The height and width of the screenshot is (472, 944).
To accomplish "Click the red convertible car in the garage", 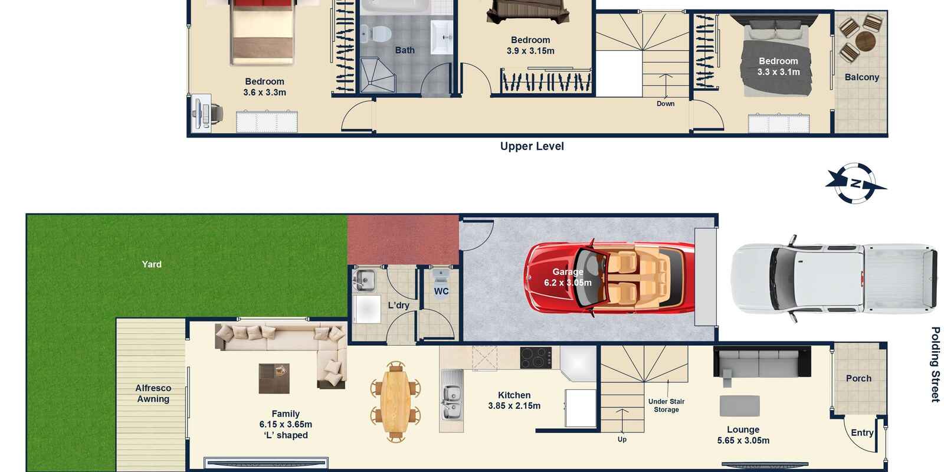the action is pyautogui.click(x=609, y=278).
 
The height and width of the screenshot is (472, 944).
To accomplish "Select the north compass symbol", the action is pyautogui.click(x=855, y=183).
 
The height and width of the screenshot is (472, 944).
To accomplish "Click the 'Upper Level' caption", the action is pyautogui.click(x=532, y=146).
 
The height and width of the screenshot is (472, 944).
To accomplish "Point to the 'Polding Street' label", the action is pyautogui.click(x=935, y=365).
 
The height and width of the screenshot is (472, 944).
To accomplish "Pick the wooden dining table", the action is pyautogui.click(x=395, y=402).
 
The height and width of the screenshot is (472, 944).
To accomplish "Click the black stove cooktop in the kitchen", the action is pyautogui.click(x=536, y=358).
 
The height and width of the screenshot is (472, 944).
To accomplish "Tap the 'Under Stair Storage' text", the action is pyautogui.click(x=666, y=405).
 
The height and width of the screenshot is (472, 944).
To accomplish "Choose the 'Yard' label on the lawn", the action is pyautogui.click(x=152, y=264).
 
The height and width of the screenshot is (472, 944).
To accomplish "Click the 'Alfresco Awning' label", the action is pyautogui.click(x=153, y=394).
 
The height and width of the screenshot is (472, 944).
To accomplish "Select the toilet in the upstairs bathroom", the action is pyautogui.click(x=376, y=34).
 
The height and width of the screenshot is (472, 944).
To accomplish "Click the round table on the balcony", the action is pyautogui.click(x=866, y=41).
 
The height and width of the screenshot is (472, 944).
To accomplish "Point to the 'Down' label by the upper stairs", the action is pyautogui.click(x=666, y=104).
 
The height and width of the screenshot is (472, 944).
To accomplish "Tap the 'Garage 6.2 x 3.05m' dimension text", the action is pyautogui.click(x=568, y=277).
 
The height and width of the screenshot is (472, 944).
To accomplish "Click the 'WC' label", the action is pyautogui.click(x=441, y=291).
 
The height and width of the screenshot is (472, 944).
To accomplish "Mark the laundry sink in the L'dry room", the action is pyautogui.click(x=364, y=280).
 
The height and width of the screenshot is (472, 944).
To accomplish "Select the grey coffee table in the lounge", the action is pyautogui.click(x=740, y=406).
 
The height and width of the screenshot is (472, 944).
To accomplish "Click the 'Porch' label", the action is pyautogui.click(x=858, y=378).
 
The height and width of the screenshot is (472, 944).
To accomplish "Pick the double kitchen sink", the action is pyautogui.click(x=451, y=399).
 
